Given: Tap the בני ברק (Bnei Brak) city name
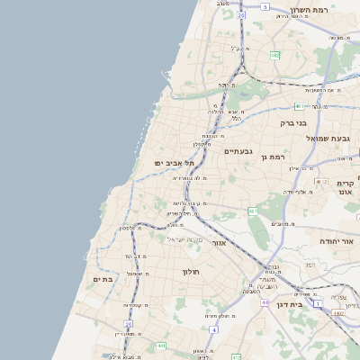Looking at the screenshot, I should click(x=294, y=122).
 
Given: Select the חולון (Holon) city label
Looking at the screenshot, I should click(x=190, y=271).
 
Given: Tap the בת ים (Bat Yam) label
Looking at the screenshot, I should click(x=103, y=280).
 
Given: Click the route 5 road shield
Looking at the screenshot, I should click(x=265, y=6).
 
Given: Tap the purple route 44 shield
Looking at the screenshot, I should click(x=265, y=303).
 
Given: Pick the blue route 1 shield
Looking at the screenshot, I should click(x=318, y=303).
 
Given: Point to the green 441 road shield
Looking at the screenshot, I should click(x=160, y=346).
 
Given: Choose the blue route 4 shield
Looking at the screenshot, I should click(x=213, y=329).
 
